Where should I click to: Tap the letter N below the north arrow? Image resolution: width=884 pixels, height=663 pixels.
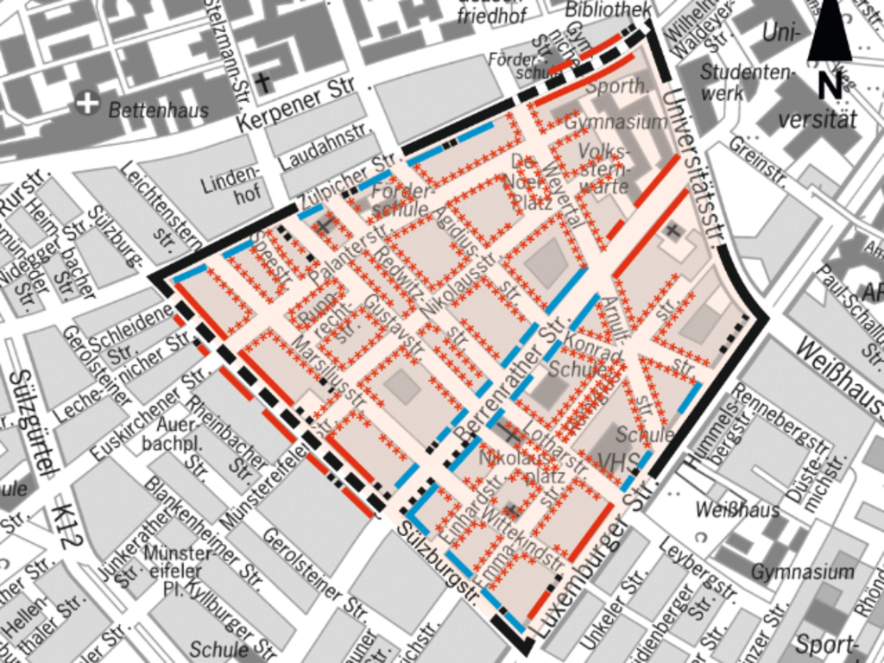[830, 85]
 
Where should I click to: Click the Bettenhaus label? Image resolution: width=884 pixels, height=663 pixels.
[158, 110]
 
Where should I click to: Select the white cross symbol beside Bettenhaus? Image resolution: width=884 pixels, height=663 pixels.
[86, 103]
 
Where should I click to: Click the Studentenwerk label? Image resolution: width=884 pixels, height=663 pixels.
[745, 82]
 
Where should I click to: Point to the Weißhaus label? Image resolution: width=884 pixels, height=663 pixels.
[737, 510]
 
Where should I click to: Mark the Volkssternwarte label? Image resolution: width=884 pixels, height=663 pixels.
[604, 167]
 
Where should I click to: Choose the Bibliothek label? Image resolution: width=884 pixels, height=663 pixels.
[609, 9]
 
